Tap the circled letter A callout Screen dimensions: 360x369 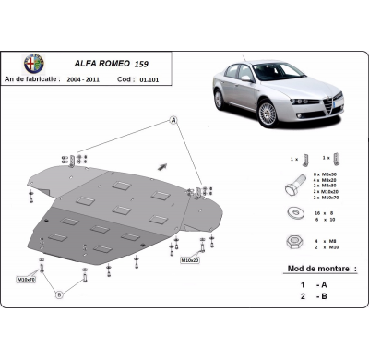(172, 121)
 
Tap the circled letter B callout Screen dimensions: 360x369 (60, 294)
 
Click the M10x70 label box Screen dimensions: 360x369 (26, 278)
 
